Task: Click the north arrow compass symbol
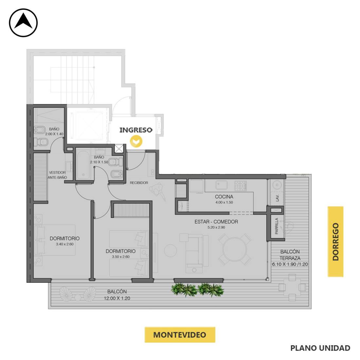23,23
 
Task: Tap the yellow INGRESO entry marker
136,141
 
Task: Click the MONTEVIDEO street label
180,335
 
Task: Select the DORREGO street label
335,242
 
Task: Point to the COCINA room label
224,197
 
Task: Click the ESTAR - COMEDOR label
216,222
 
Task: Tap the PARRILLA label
277,226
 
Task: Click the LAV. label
277,198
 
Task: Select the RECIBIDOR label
139,183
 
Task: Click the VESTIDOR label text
57,172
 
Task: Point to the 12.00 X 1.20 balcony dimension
117,298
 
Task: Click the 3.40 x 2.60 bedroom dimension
65,244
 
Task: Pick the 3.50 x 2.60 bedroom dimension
121,257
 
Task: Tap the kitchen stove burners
241,186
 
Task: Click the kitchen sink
222,185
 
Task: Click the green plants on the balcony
197,290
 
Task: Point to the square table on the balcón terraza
292,287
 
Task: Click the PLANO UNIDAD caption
320,348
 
